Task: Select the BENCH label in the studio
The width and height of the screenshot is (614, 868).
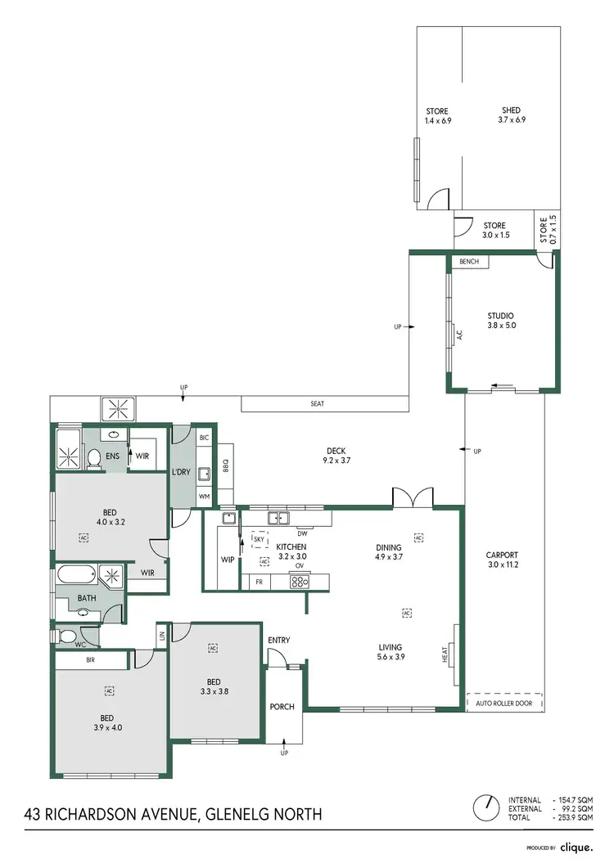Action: (x=469, y=262)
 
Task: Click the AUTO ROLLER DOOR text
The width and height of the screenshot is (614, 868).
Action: (x=503, y=703)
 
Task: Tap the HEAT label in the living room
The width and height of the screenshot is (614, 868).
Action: (x=446, y=654)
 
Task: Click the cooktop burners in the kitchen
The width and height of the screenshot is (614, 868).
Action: (x=300, y=582)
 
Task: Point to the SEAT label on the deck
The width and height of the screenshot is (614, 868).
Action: (x=318, y=404)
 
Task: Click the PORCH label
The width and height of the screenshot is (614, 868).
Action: (x=283, y=708)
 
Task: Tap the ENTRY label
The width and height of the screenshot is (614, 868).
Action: (x=279, y=641)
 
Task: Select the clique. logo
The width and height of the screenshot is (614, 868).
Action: (x=582, y=848)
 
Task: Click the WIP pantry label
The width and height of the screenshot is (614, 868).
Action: (x=228, y=560)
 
